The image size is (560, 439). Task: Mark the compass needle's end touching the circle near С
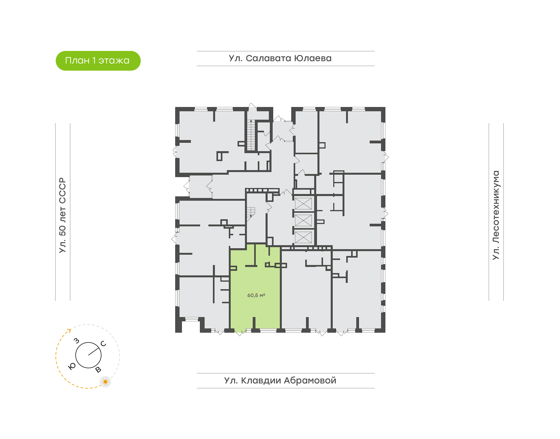[x=99, y=348]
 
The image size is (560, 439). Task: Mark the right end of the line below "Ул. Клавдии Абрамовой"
[x=374, y=388]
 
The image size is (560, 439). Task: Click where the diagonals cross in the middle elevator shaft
[x=303, y=220]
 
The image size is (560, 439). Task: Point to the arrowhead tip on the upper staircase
[x=251, y=120]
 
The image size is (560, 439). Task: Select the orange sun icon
[x=105, y=382]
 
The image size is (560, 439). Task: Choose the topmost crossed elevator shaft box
[x=303, y=204]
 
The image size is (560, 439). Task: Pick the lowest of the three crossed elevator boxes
[x=303, y=237]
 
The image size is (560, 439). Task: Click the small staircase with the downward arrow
[x=251, y=212]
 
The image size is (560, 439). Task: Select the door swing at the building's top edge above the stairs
[x=252, y=107]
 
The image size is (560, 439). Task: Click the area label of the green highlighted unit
[x=256, y=295]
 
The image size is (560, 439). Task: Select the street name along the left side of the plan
[x=62, y=215]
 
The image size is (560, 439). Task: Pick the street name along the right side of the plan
[x=496, y=215]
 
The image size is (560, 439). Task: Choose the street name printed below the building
[x=280, y=380]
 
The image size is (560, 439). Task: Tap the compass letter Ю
[x=72, y=367]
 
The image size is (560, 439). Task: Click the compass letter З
[x=76, y=341]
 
